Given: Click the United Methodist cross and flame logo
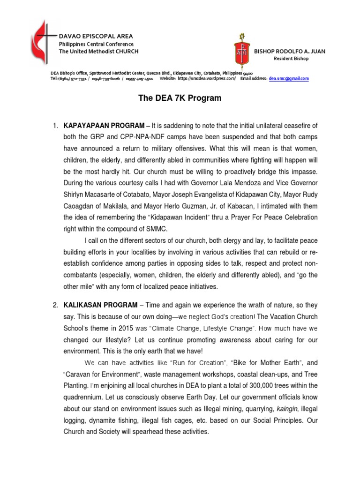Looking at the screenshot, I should point(40,42).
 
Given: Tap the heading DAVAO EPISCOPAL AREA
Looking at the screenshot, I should point(96,36).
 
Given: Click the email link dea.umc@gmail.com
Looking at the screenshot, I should point(289,79).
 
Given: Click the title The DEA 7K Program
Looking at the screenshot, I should point(180,98).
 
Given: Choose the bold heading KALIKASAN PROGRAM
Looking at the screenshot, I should point(100,305).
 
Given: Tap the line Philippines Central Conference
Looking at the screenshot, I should point(96,44).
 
